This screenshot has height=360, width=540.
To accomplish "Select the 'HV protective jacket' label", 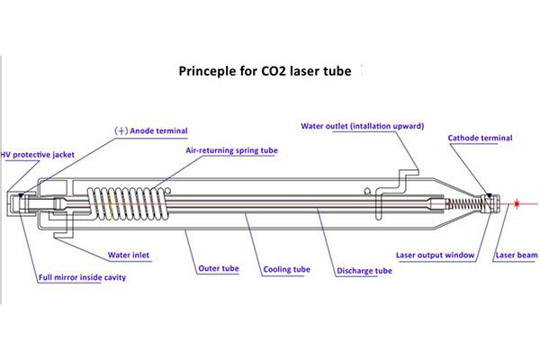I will tap(38, 154).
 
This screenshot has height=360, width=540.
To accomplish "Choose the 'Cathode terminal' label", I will tap(480, 138).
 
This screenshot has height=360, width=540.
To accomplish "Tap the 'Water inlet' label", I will tap(129, 255).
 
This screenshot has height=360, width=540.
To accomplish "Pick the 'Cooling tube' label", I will tap(286, 268).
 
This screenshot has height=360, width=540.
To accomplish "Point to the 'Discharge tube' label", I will tap(364, 269).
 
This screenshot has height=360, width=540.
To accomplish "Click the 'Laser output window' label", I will tap(434, 255).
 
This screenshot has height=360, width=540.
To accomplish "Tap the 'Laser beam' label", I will tap(516, 255).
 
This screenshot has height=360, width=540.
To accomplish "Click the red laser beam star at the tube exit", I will tap(517, 205).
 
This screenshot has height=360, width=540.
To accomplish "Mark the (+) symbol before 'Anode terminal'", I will tap(118, 130).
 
